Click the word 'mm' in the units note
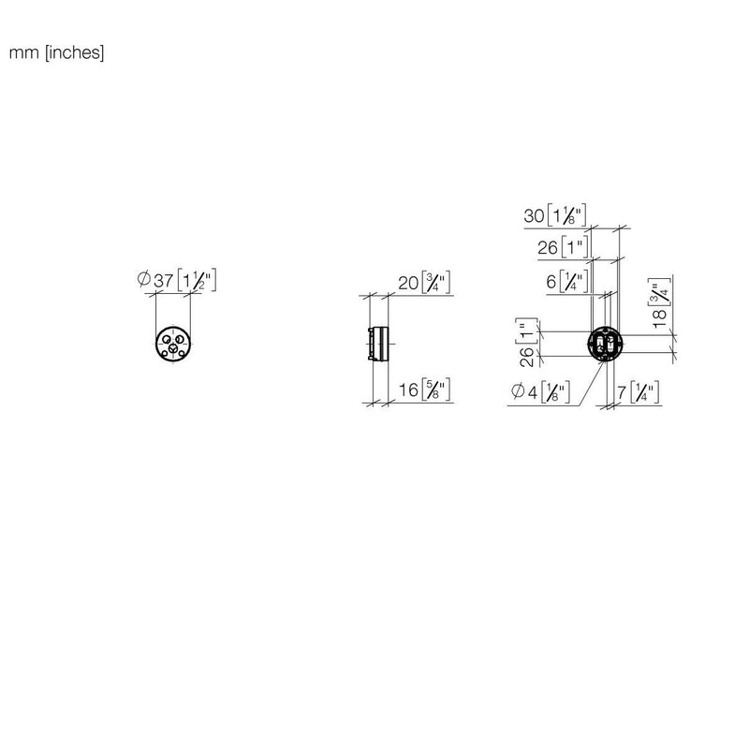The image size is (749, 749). tap(24, 52)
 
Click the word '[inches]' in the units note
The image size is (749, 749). tap(75, 52)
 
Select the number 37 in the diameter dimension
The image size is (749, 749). tap(163, 280)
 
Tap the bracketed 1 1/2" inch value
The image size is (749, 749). tap(197, 280)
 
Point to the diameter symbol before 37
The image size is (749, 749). tap(144, 278)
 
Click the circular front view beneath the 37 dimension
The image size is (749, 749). tap(173, 344)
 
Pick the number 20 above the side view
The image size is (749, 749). tap(408, 284)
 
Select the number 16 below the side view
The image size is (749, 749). tap(409, 390)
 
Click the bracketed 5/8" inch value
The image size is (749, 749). tap(436, 389)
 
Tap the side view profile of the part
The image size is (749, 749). tap(378, 344)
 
